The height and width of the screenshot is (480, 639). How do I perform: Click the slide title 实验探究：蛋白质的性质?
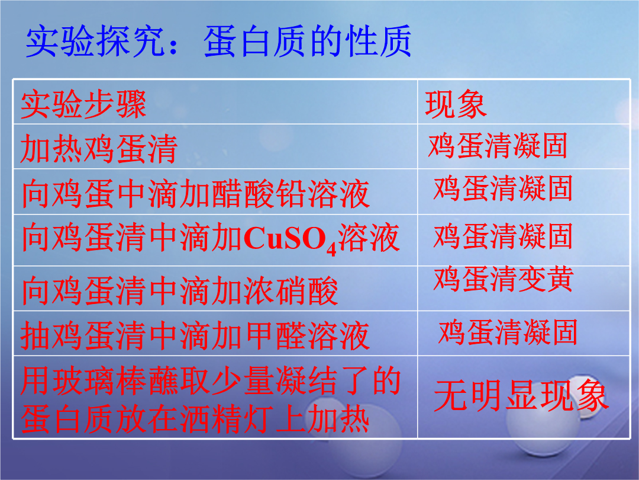pos(218,41)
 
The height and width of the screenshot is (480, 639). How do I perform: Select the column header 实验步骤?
pos(83,104)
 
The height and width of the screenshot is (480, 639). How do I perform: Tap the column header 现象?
pos(456,104)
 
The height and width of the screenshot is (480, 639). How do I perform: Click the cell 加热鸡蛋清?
pos(99,149)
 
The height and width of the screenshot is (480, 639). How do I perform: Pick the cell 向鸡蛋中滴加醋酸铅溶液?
pos(196,194)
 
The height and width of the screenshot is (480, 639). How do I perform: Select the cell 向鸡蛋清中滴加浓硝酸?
pos(180,290)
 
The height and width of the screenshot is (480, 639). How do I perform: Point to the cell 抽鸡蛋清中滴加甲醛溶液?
pos(195,335)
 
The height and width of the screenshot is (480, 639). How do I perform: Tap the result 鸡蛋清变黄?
pos(504,279)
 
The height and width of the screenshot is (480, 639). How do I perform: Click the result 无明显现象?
pos(521,395)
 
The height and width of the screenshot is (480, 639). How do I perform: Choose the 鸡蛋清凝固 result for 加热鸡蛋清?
pos(498,146)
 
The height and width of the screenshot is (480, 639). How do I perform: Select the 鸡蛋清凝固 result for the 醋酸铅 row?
pos(504,188)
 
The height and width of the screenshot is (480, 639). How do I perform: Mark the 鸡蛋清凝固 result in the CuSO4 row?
pos(504,236)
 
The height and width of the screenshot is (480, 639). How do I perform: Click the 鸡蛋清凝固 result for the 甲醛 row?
pos(508,332)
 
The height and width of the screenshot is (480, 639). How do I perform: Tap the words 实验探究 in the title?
pos(95,41)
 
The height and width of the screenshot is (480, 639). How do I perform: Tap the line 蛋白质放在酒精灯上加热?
pos(195,419)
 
